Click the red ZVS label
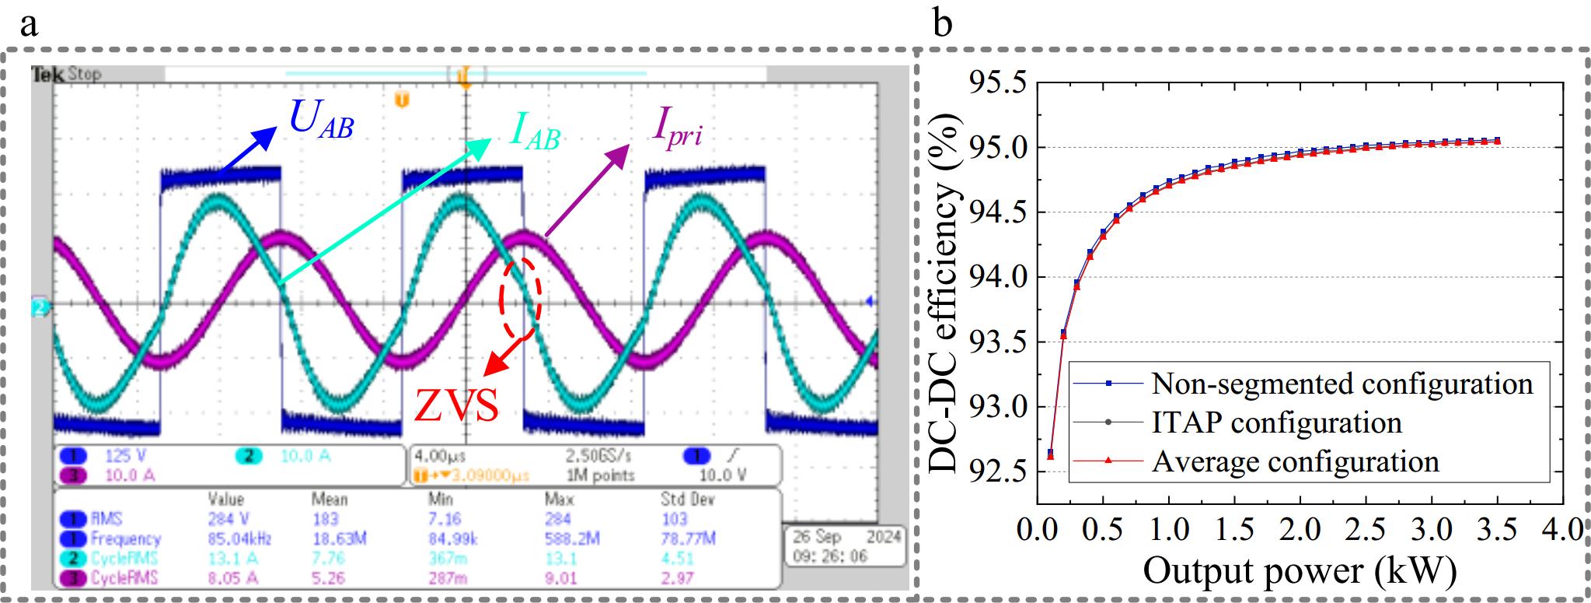point(456,405)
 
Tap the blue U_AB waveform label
point(320,121)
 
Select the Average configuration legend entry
point(1295,461)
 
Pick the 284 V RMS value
point(225,519)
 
